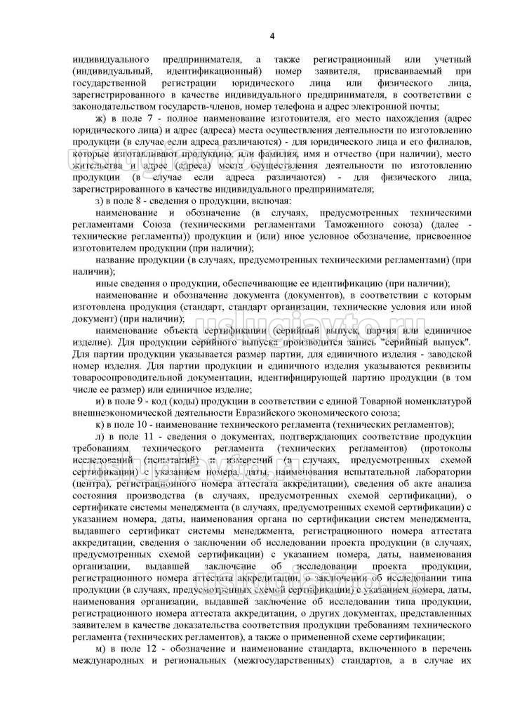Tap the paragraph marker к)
pyautogui.click(x=100, y=425)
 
